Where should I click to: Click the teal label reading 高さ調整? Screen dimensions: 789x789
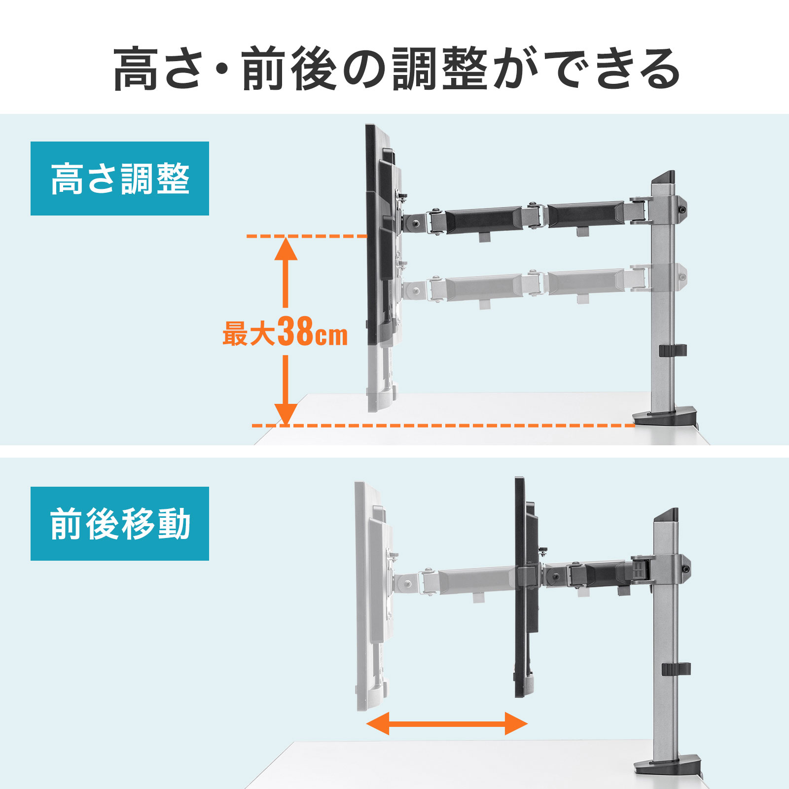(120, 179)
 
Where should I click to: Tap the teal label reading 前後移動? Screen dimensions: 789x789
(120, 524)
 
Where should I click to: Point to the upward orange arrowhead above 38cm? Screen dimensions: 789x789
(286, 249)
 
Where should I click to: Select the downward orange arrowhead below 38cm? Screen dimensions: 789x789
(286, 414)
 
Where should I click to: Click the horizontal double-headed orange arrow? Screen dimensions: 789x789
(447, 724)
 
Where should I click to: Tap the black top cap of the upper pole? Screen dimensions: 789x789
(663, 177)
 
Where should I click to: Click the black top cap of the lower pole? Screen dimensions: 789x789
(665, 516)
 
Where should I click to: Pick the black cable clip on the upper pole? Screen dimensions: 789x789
(673, 351)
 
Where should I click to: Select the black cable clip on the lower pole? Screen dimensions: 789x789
(676, 669)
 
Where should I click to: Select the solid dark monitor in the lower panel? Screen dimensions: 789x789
(526, 587)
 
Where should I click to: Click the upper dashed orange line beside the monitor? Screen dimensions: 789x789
(307, 237)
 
